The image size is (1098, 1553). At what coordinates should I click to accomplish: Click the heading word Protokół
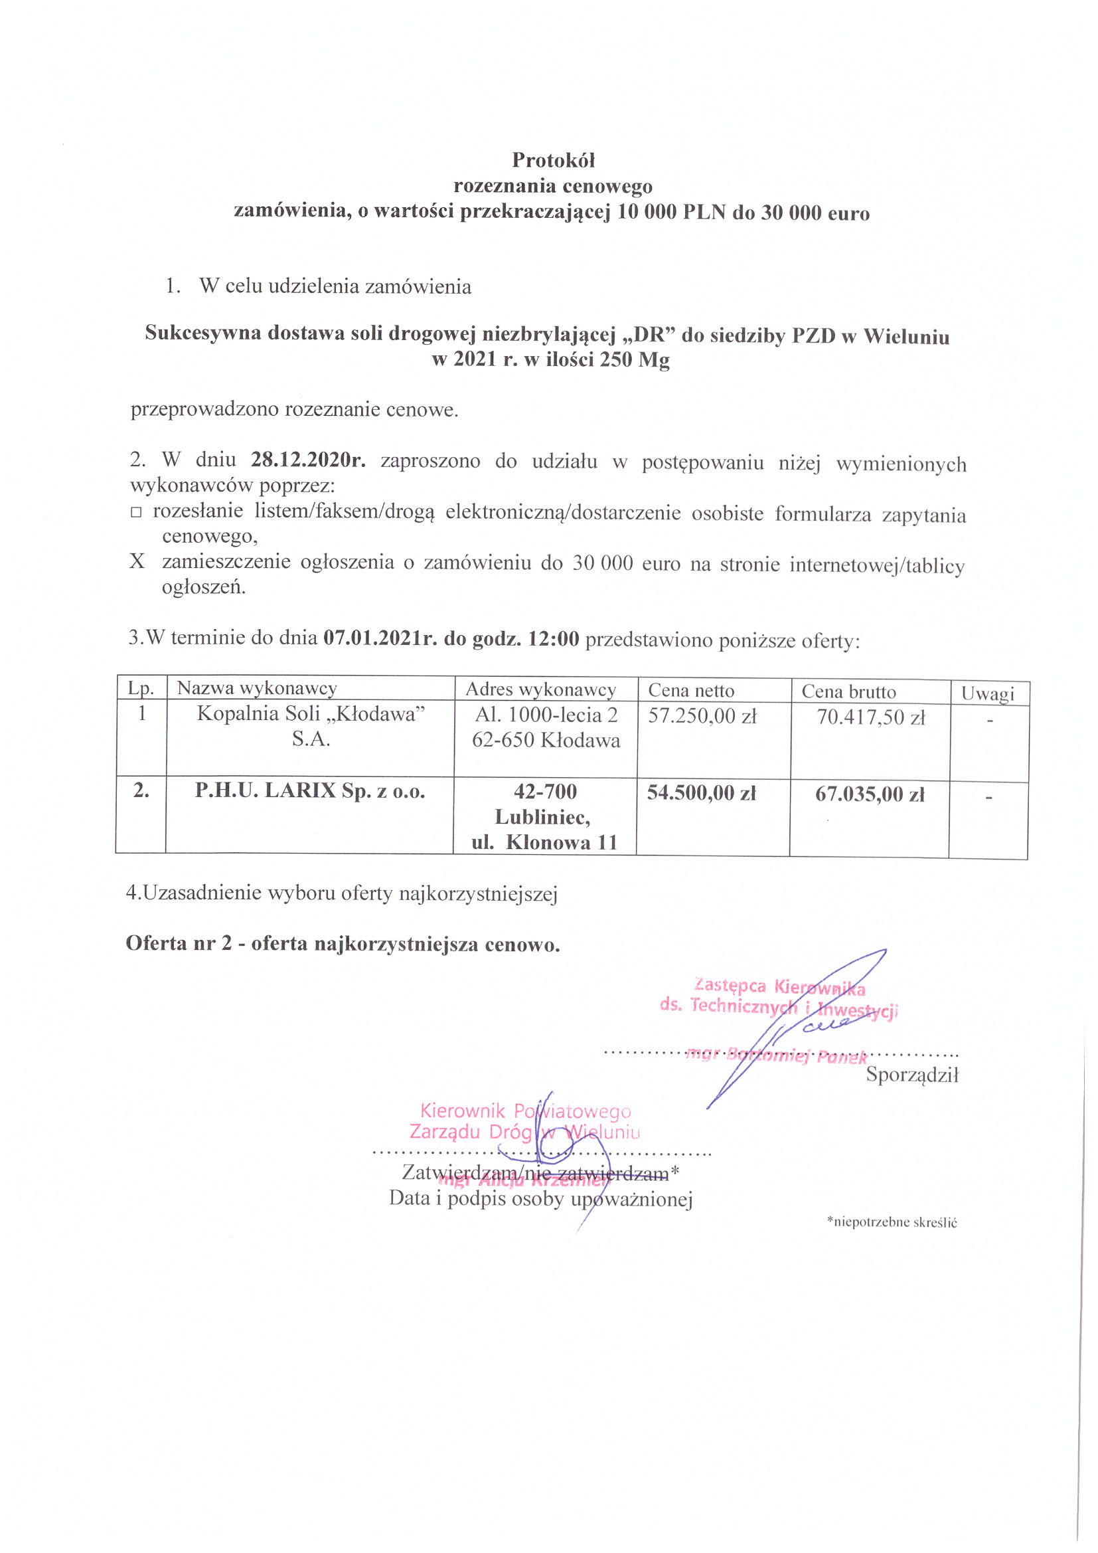553,160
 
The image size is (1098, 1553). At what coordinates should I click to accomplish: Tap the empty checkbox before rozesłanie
136,513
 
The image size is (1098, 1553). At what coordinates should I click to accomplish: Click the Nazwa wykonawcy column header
257,689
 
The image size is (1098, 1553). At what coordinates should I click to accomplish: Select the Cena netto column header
690,691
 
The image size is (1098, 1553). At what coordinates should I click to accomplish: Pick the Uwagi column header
988,694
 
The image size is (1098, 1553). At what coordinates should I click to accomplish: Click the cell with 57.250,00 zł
702,716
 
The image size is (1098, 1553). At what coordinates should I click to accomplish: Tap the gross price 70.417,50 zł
870,717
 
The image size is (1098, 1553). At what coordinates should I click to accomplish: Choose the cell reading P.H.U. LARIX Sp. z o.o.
309,790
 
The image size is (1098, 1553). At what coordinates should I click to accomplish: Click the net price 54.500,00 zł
701,792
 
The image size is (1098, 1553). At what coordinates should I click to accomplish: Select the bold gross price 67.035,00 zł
870,794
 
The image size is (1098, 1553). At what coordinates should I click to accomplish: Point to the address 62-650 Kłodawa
546,741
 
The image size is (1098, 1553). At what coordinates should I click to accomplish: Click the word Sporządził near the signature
912,1075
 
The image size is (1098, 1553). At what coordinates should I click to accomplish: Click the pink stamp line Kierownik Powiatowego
525,1111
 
